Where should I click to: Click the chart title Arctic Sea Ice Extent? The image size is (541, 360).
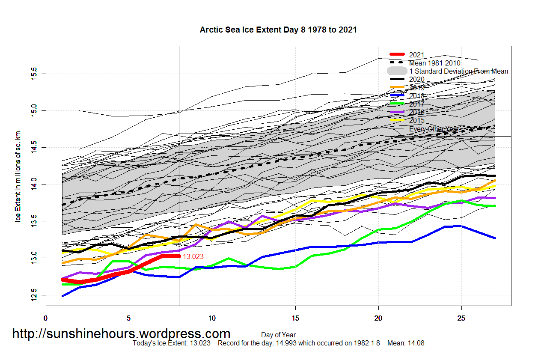point(278,30)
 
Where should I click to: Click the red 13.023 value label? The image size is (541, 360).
point(193,257)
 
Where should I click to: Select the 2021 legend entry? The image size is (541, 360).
point(416,55)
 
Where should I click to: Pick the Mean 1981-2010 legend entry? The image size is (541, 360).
point(434,63)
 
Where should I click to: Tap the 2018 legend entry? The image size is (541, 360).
point(416,96)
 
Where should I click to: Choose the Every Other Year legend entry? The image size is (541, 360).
point(434,129)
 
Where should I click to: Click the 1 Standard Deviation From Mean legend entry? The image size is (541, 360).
point(458,71)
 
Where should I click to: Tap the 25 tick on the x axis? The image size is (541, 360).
point(461,318)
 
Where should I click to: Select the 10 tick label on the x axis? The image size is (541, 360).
point(212,318)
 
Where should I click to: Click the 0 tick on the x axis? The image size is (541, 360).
point(46,318)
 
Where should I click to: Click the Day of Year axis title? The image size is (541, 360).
point(278,335)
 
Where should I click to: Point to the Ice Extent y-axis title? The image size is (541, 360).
point(18,176)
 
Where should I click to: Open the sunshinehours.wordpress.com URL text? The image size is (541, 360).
point(121,333)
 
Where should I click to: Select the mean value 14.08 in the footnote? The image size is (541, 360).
point(416,343)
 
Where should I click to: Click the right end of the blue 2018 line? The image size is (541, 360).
point(495,238)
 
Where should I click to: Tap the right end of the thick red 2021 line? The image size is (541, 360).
point(178,256)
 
